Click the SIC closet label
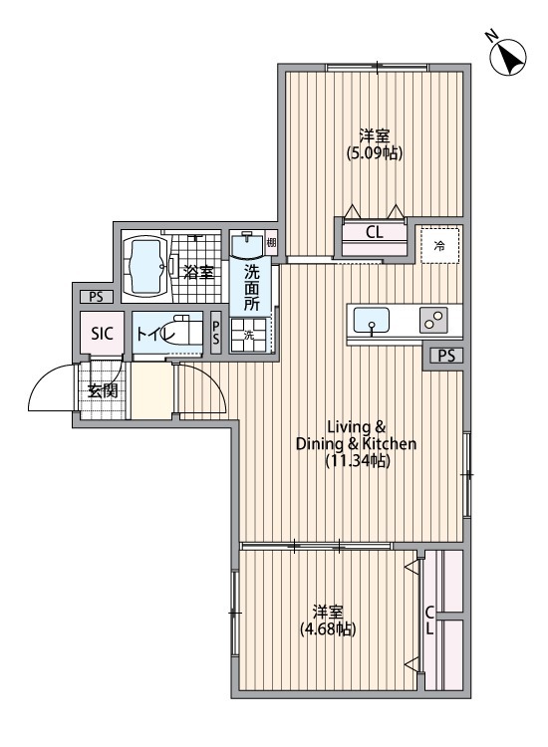pos(103,334)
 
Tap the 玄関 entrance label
pos(102,390)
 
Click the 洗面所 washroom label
pos(252,288)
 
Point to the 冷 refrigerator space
pos(438,245)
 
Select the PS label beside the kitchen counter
pos(445,356)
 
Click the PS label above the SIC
pos(96,296)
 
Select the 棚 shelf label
pos(271,241)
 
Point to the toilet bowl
pos(180,332)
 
